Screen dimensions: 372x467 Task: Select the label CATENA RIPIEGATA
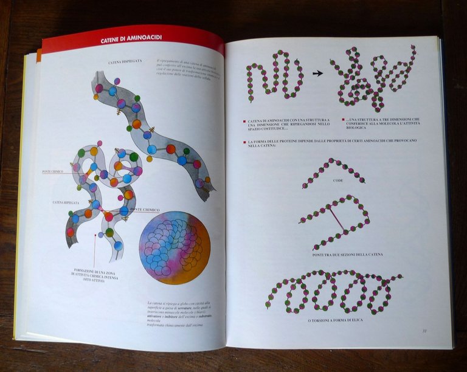pos(66,201)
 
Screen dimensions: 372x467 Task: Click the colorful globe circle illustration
pos(175,247)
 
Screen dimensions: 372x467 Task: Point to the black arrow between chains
pos(317,73)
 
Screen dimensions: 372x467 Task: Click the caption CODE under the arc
pos(338,181)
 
